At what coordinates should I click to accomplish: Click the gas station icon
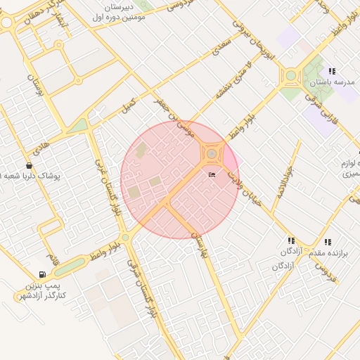(43, 274)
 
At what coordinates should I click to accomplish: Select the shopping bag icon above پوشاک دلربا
(29, 165)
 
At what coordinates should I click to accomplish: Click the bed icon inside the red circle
(212, 174)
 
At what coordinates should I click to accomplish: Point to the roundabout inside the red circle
(212, 153)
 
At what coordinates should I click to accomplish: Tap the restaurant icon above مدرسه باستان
(332, 71)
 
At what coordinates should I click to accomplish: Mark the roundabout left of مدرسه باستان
(290, 75)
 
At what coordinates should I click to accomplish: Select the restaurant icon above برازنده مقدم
(328, 242)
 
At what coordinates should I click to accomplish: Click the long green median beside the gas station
(70, 266)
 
